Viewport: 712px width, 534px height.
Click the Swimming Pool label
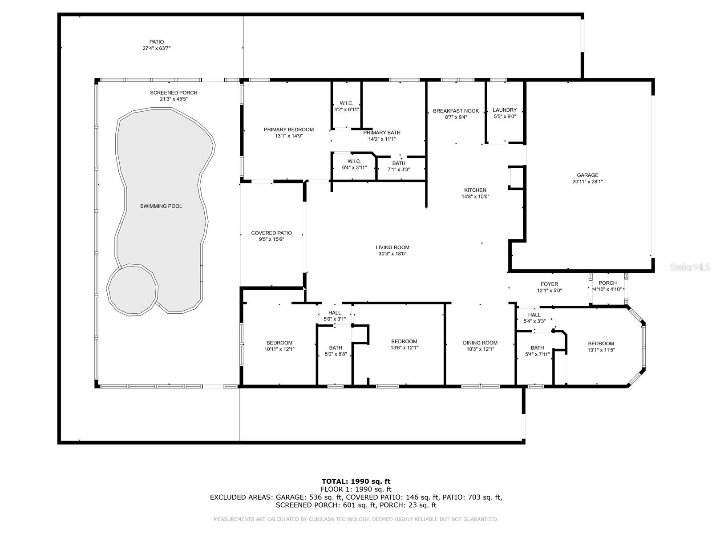point(161,206)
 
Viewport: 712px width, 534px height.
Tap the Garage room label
point(587,175)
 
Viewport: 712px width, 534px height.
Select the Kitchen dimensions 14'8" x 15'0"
point(475,197)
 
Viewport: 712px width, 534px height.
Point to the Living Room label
point(392,247)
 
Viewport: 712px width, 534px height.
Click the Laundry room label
point(505,110)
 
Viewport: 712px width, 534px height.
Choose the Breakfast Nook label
point(456,111)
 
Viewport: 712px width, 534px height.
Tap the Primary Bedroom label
point(289,129)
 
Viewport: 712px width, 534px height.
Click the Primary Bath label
point(382,133)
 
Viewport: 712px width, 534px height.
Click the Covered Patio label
point(271,233)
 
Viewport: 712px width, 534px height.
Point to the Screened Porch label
point(174,93)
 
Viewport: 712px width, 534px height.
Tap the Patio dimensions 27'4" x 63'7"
point(157,49)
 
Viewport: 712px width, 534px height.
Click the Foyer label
point(549,284)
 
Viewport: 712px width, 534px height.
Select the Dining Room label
point(480,343)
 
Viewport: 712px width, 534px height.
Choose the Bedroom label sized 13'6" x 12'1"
point(404,341)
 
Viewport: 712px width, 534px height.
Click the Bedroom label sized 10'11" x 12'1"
point(279,343)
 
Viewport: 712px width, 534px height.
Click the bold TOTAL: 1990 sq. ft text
point(356,481)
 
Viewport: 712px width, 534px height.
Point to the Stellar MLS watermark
point(690,267)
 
